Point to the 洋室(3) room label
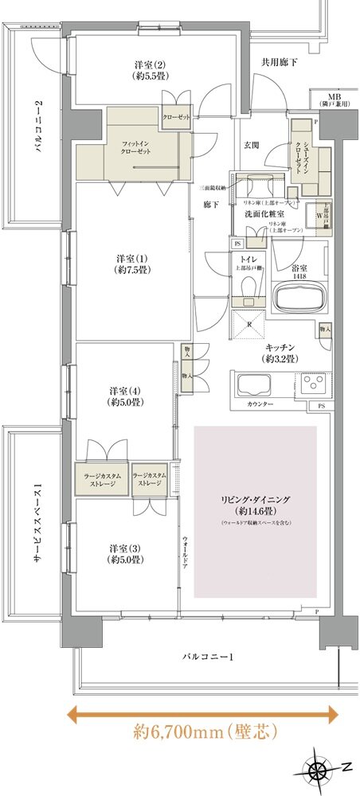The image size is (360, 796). pyautogui.click(x=125, y=554)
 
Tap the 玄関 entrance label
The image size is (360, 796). pyautogui.click(x=252, y=145)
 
